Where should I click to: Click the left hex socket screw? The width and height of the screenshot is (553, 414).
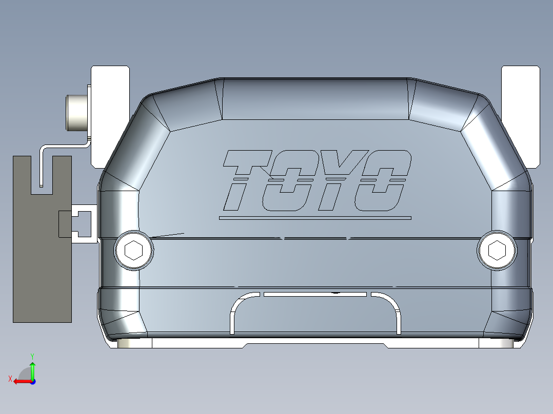click(133, 251)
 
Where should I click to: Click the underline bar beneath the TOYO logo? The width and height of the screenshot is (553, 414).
click(315, 218)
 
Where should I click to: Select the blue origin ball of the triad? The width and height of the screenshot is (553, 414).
click(32, 381)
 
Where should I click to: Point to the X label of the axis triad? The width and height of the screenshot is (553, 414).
click(10, 379)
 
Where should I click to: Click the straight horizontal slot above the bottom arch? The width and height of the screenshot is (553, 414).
click(315, 295)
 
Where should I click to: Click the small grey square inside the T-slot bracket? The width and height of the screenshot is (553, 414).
click(66, 224)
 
